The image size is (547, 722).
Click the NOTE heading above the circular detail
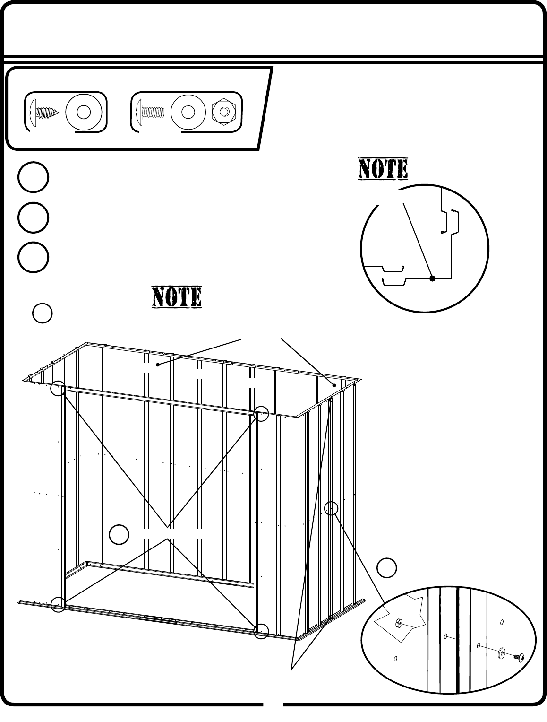click(x=383, y=169)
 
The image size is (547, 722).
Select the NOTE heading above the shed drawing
click(x=177, y=297)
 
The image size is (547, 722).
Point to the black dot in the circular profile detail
click(x=432, y=279)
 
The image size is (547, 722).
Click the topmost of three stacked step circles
click(x=33, y=177)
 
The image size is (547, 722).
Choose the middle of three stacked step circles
click(x=33, y=217)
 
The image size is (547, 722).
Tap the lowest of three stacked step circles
click(x=33, y=258)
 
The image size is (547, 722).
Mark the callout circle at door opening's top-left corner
click(x=58, y=388)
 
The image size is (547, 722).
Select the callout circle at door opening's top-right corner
click(x=261, y=414)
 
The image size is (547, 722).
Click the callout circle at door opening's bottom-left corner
click(x=58, y=604)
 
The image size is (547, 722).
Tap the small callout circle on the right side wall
click(x=332, y=508)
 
